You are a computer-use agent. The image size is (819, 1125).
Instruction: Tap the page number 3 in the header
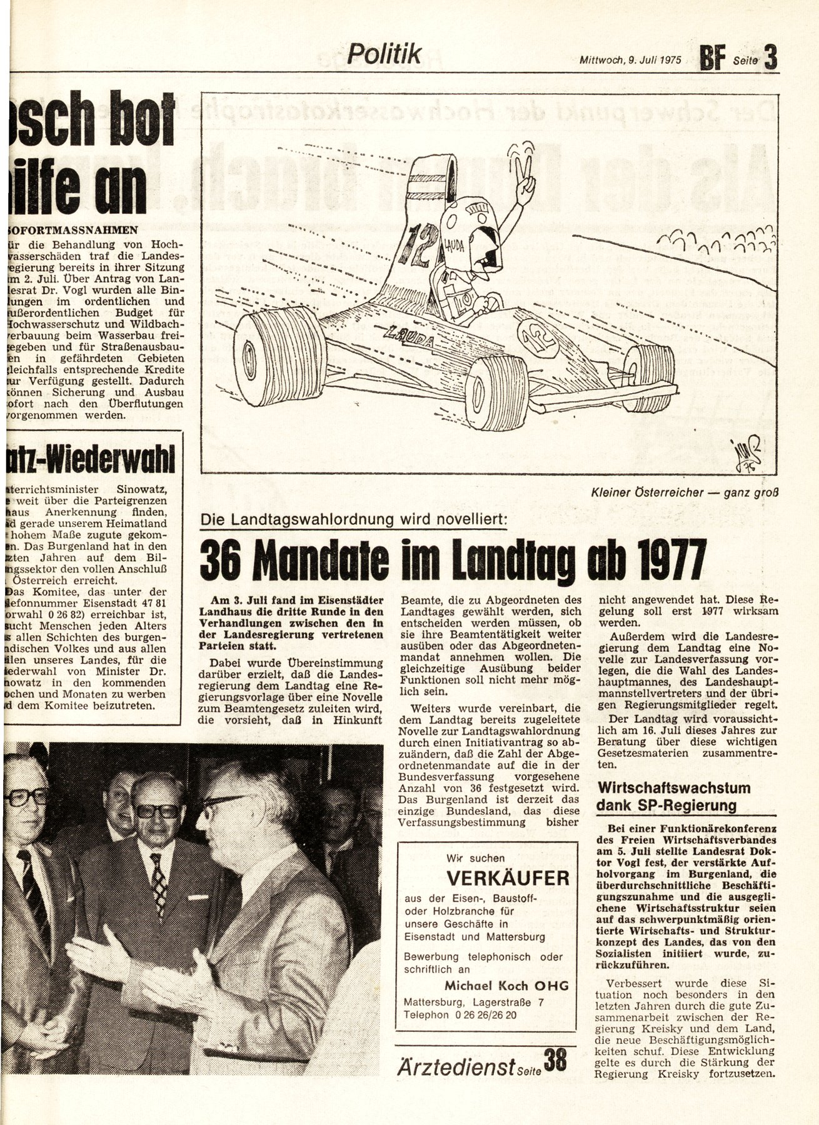pyautogui.click(x=770, y=59)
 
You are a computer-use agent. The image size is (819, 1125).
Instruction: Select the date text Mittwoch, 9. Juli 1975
pyautogui.click(x=630, y=62)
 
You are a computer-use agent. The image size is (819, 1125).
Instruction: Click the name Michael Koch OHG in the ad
pyautogui.click(x=506, y=986)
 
